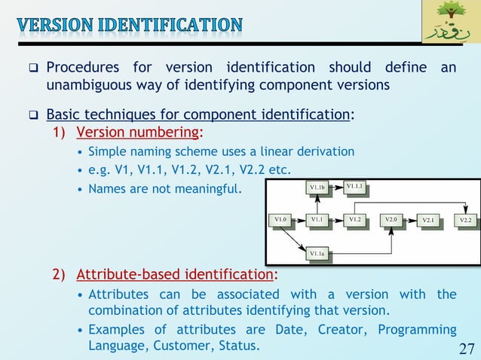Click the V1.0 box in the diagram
(x=280, y=219)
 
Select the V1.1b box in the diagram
(x=317, y=186)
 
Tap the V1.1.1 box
(x=355, y=185)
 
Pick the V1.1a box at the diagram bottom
(x=317, y=255)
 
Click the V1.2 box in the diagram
(x=355, y=219)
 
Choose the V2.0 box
(x=391, y=219)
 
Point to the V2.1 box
(x=429, y=220)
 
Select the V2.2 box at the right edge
(x=466, y=220)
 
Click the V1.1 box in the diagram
(x=317, y=219)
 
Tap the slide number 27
(x=466, y=348)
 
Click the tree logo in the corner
(x=449, y=23)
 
